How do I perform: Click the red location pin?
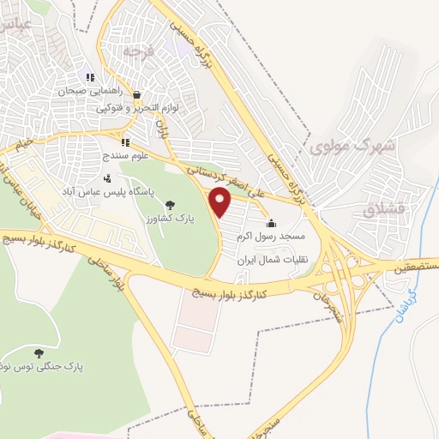pos(221,202)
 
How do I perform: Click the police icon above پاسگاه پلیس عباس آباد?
pos(107,178)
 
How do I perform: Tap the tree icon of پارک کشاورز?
pos(169,204)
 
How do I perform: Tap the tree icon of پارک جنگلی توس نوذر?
pos(38,352)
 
